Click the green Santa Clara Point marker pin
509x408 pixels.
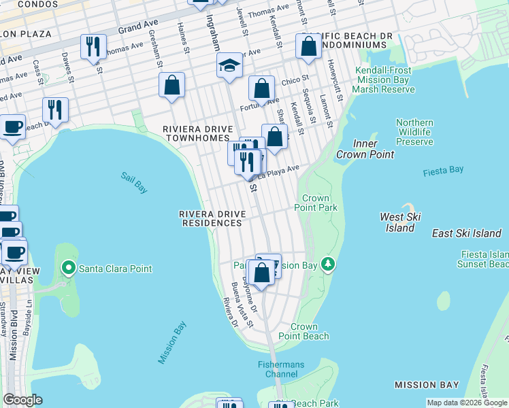tap(68, 268)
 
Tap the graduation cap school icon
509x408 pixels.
tap(230, 66)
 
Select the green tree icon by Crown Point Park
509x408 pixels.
tap(328, 263)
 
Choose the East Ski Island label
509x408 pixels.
tap(466, 233)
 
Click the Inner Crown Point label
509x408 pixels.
tap(365, 149)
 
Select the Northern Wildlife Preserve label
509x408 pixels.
tap(414, 132)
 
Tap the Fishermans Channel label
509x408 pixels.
tap(281, 370)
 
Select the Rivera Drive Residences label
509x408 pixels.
tap(211, 218)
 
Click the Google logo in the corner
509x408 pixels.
tap(22, 400)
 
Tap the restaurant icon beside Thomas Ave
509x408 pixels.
tap(93, 47)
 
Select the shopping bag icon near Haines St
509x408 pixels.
tap(172, 86)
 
